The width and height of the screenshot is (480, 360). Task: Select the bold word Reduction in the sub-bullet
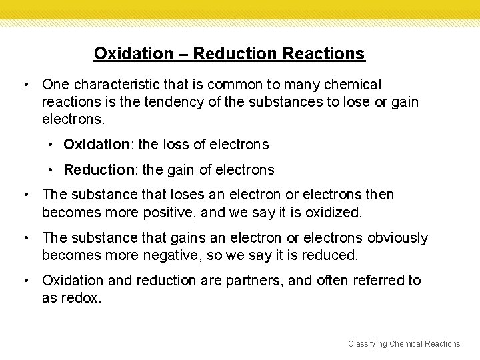(98, 169)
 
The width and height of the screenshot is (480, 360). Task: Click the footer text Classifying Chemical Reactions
(403, 343)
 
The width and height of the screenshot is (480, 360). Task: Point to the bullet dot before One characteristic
(25, 85)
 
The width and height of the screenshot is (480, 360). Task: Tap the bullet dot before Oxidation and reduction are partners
(25, 281)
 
